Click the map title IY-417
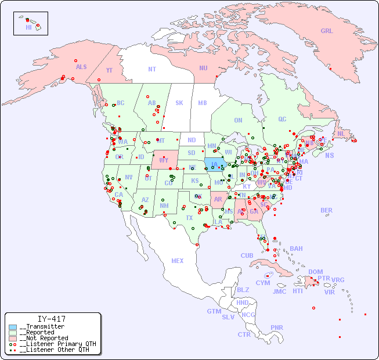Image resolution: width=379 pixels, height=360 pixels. (x=51, y=319)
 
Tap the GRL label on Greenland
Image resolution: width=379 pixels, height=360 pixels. (x=327, y=31)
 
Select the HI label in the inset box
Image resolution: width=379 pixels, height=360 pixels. (x=28, y=27)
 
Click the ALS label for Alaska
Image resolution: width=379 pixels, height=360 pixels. (x=81, y=67)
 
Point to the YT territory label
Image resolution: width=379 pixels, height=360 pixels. (x=109, y=70)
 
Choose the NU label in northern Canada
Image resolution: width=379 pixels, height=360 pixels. (x=203, y=68)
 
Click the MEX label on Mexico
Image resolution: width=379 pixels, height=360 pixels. (x=178, y=261)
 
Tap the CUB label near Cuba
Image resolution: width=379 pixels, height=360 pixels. (x=247, y=255)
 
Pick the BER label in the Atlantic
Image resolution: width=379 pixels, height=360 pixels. (x=326, y=210)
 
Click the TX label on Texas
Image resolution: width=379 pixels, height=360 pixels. (x=189, y=218)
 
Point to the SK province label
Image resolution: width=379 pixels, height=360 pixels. (x=179, y=103)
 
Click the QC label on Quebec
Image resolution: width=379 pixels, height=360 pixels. (x=282, y=119)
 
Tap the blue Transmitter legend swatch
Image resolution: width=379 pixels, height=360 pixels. (x=13, y=327)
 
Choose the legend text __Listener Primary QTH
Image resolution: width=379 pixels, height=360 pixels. (x=57, y=344)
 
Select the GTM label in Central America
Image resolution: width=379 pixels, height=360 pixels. (x=214, y=311)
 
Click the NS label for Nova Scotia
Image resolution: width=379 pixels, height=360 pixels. (x=329, y=155)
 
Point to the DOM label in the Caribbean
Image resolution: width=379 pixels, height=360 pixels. (x=315, y=272)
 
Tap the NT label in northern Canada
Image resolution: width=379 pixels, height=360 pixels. (x=151, y=69)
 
